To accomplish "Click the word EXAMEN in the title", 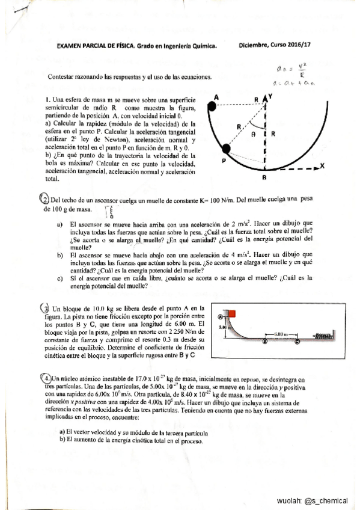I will [x=72, y=45].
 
